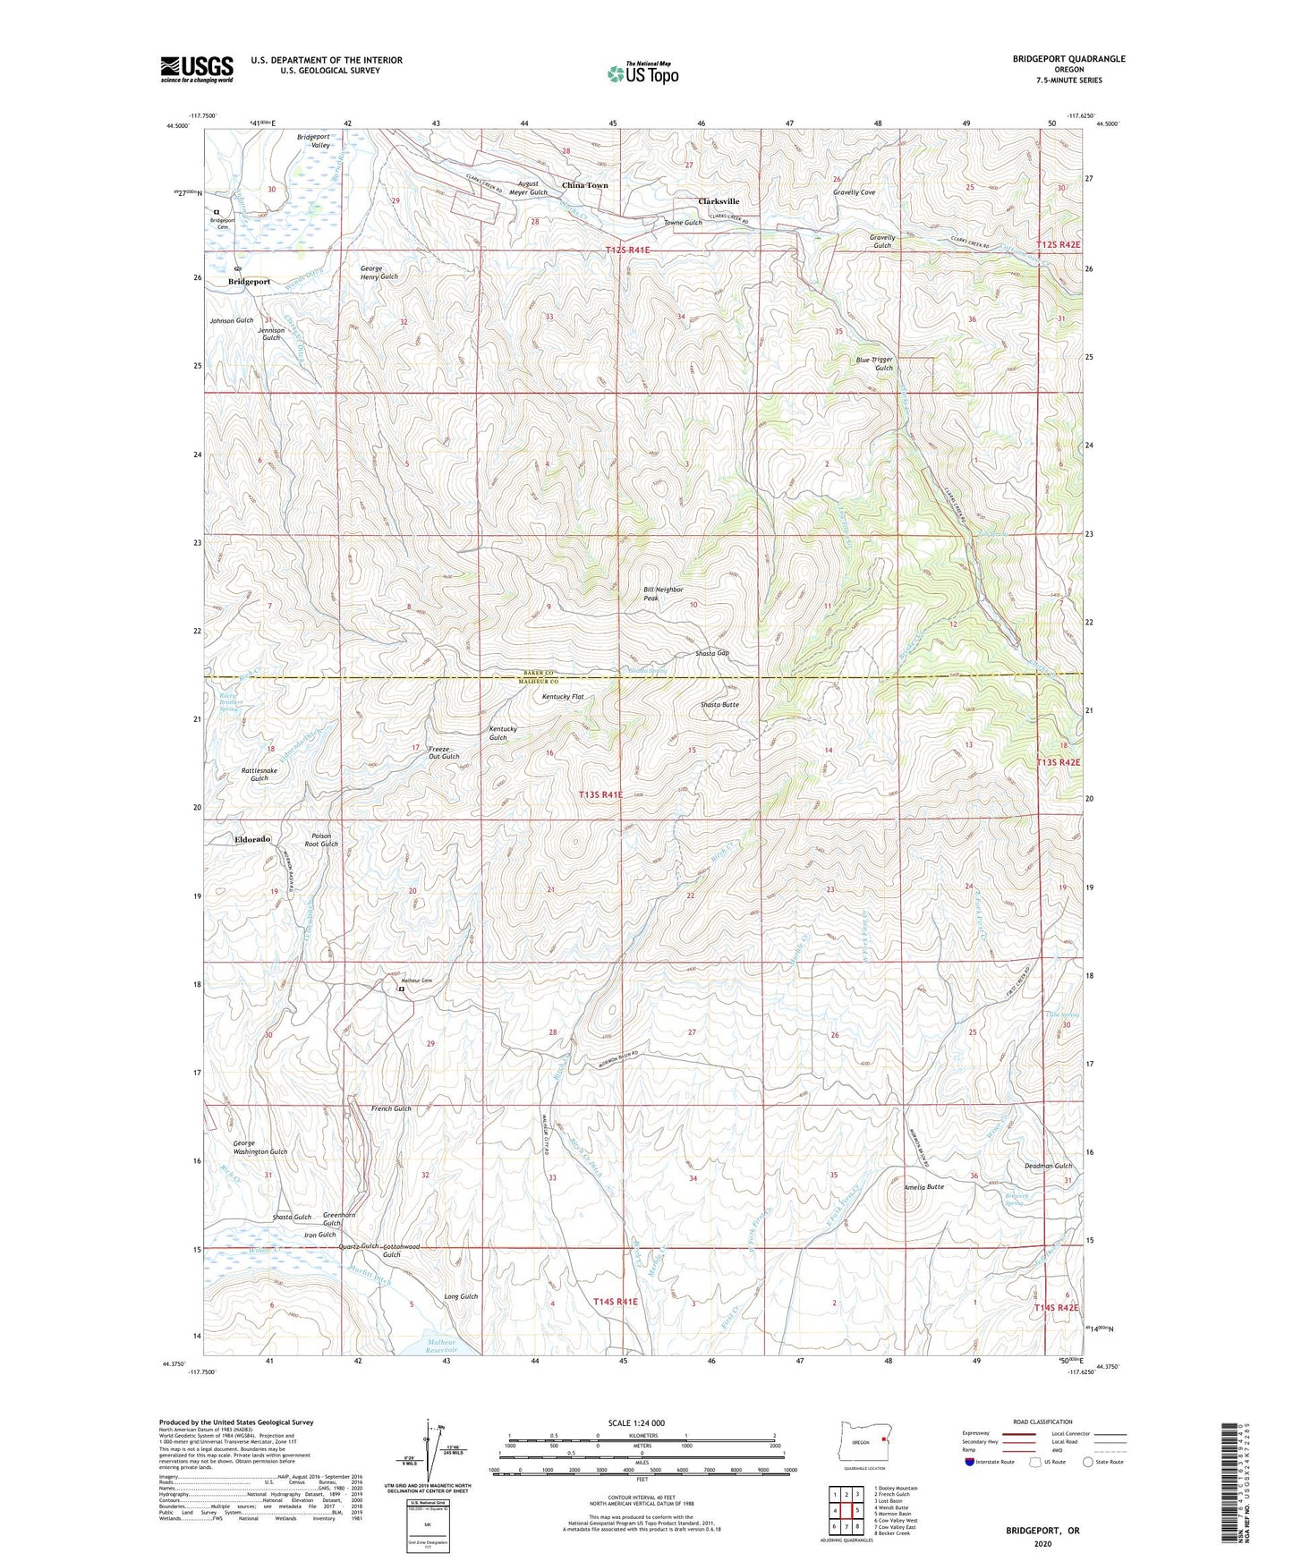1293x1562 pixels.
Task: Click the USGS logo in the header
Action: pyautogui.click(x=197, y=68)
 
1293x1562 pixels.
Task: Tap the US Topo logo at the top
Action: pyautogui.click(x=641, y=73)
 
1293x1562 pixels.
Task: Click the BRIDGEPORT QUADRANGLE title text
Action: pyautogui.click(x=1068, y=59)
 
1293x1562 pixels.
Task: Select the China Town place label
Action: pyautogui.click(x=584, y=185)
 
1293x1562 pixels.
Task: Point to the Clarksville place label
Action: pyautogui.click(x=719, y=201)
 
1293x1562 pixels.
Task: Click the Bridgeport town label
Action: pyautogui.click(x=249, y=281)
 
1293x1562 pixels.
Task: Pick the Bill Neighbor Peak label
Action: pyautogui.click(x=663, y=593)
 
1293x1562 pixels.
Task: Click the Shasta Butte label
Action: pyautogui.click(x=719, y=705)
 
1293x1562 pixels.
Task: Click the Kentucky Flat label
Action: pyautogui.click(x=563, y=696)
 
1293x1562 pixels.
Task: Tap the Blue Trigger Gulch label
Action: pyautogui.click(x=874, y=363)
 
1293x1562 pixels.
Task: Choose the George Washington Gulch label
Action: pyautogui.click(x=260, y=1147)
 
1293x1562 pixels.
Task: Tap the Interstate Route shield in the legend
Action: pyautogui.click(x=971, y=1462)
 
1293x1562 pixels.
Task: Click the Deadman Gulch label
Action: pyautogui.click(x=1048, y=1166)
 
